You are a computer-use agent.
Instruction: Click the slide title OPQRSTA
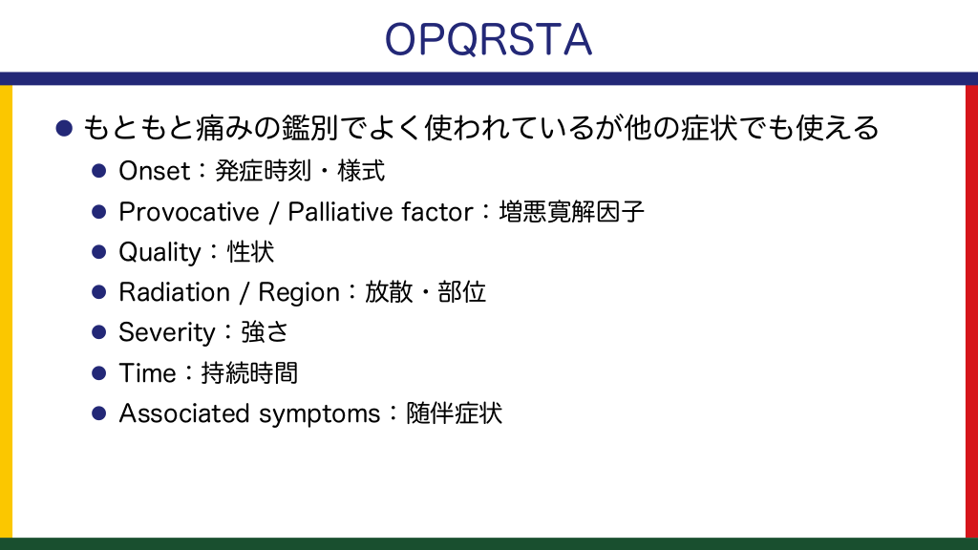488,39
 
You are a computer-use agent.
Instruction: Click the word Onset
154,171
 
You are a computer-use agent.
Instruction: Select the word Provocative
188,212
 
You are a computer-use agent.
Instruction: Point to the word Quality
159,253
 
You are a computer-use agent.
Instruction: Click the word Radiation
174,292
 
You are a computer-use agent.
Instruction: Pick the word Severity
166,333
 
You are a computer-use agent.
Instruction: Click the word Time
147,373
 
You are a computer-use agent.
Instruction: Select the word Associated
184,413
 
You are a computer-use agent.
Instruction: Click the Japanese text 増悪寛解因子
571,212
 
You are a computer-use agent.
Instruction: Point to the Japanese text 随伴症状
454,413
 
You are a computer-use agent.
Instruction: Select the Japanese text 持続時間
249,373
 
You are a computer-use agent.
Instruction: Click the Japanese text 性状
250,252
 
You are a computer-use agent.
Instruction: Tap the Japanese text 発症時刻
263,171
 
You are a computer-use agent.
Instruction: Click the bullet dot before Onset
98,171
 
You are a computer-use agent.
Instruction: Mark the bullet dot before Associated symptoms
98,413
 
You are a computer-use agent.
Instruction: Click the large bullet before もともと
64,128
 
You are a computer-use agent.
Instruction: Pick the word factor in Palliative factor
437,212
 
